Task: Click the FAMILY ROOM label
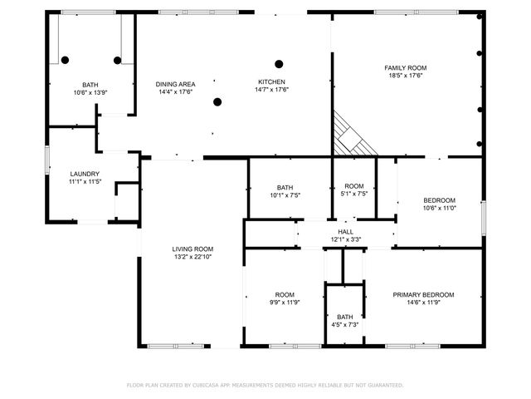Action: (x=404, y=67)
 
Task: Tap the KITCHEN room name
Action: (x=271, y=82)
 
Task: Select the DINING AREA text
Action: (x=175, y=84)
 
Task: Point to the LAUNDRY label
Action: (x=85, y=174)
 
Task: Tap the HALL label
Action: (x=345, y=232)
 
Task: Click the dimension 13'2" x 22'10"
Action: (x=192, y=258)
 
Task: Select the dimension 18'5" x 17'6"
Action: (x=404, y=76)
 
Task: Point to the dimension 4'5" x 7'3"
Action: (x=344, y=324)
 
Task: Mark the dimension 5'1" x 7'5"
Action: (x=353, y=194)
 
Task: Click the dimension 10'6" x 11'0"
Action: (x=439, y=208)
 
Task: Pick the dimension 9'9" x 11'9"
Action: (x=285, y=303)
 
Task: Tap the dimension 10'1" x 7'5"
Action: (x=285, y=195)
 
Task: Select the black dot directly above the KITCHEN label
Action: (x=279, y=63)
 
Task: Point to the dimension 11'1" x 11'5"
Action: (x=85, y=181)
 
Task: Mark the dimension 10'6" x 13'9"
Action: (x=90, y=92)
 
